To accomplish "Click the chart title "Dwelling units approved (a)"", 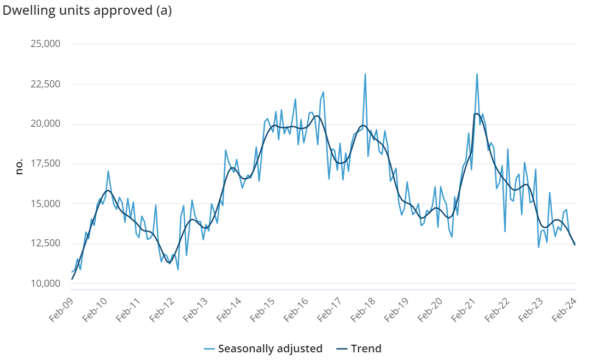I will pos(87,11).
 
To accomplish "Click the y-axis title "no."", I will pos(20,167).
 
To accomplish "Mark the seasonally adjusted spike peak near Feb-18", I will pos(365,74).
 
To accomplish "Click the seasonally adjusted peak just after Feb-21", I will pos(477,74).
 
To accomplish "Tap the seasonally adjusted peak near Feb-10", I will pos(108,171).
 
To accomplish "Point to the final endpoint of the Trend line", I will pos(575,245).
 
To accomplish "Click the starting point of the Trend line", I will pos(72,279).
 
